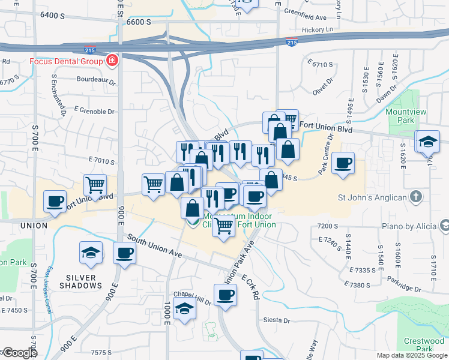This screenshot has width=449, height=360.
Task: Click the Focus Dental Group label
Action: pos(66,61)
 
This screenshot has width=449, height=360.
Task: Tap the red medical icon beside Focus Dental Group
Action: pos(112,61)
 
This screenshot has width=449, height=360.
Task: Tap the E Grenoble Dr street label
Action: pos(94,111)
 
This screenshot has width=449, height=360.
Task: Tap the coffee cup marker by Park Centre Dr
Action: pos(343,163)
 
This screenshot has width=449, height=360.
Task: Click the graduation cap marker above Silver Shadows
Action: pos(91,253)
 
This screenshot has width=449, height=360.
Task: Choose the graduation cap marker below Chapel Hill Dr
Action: pos(184,309)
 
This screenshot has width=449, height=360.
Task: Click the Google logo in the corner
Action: pos(19,353)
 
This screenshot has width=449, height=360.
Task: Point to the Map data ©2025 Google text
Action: pos(411,355)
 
